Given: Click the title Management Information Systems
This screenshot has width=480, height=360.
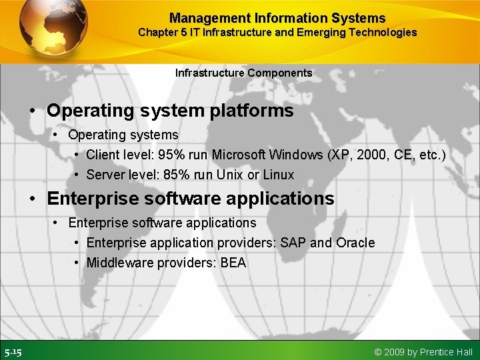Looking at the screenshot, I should pos(277,18).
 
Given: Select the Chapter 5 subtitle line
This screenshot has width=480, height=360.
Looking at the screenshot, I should pos(277,32).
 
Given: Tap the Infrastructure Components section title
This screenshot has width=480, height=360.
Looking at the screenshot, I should pos(243,73).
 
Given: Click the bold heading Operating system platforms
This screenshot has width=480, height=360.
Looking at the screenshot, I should pos(170,111).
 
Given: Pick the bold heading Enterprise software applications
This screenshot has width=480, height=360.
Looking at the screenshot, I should pos(190,199).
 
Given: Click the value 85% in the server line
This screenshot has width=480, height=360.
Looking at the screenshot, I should pos(176,175).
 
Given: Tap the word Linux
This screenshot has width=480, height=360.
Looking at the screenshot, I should pos(279,175).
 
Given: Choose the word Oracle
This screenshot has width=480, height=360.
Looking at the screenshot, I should pos(355,243).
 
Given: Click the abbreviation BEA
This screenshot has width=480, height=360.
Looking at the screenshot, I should pos(233,263).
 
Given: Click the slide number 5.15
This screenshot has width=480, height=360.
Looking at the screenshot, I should pos(13,352).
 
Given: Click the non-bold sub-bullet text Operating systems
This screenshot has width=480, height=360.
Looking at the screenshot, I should pos(123,135).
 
